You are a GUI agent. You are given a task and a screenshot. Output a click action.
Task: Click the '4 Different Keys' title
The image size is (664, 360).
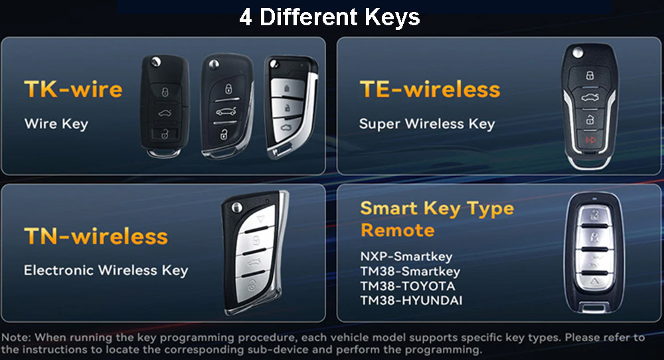[x=329, y=17]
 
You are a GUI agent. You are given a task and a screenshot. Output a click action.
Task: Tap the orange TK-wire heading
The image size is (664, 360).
[x=73, y=89]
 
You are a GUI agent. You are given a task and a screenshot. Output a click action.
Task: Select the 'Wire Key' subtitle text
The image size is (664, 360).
[x=56, y=124]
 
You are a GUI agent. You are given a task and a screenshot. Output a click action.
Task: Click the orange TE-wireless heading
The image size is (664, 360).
[x=430, y=89]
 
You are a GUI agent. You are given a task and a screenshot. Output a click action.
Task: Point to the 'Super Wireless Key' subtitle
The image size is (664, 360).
[x=427, y=124]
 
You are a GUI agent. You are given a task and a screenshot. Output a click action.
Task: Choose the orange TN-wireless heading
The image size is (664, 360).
[x=96, y=236]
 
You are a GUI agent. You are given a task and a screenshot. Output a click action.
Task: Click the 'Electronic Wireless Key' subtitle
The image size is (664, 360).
[x=106, y=270]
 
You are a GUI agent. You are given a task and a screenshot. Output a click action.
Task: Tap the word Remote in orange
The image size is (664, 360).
[x=397, y=230]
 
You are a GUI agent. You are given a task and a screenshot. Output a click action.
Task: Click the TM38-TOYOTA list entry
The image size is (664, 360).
[x=408, y=286]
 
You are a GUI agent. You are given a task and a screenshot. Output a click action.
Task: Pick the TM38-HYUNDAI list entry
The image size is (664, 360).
[x=411, y=300]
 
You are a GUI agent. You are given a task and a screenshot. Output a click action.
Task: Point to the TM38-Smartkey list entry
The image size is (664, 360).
[x=410, y=271]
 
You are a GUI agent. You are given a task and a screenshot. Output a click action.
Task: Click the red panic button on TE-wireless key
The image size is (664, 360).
[x=590, y=139]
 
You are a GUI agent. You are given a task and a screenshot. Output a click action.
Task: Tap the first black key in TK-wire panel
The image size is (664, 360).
[x=165, y=106]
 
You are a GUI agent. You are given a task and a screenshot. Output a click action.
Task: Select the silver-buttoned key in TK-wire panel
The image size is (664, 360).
[x=290, y=107]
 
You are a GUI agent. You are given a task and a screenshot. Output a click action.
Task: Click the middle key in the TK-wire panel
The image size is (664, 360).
[x=226, y=106]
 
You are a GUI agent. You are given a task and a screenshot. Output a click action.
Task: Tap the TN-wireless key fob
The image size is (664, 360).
[x=255, y=253]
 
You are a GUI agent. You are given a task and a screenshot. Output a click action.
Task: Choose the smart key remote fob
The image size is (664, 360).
[x=594, y=253]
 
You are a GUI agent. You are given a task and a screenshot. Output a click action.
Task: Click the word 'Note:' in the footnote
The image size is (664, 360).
[x=16, y=337]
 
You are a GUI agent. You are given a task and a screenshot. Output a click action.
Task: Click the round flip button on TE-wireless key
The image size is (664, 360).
[x=577, y=53]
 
